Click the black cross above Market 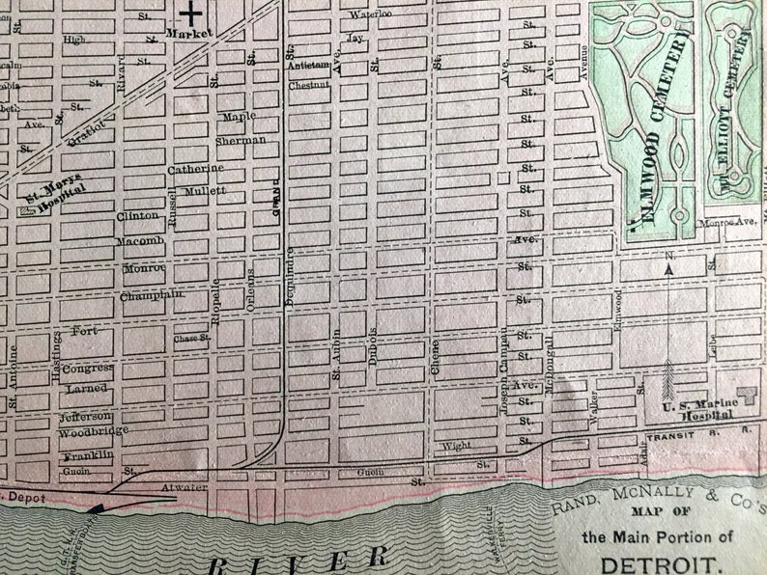(193, 14)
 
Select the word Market (188, 33)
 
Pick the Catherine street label (195, 169)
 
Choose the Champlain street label (152, 296)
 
